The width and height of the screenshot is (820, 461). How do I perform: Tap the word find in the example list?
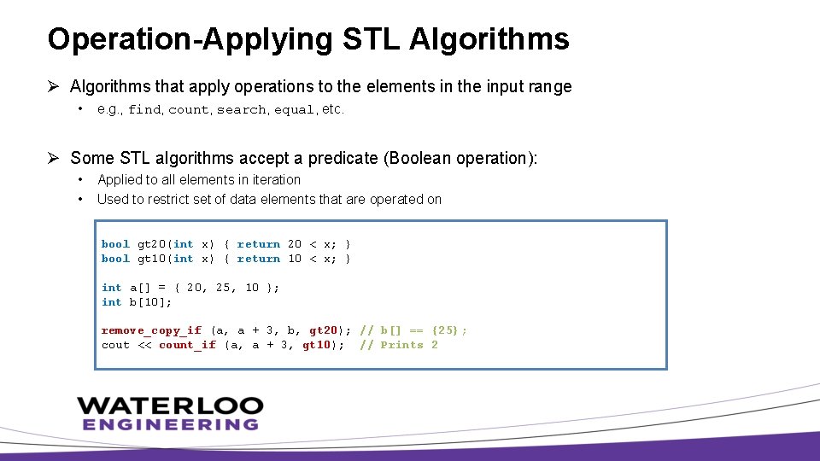144,110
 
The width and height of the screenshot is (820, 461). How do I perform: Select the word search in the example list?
241,110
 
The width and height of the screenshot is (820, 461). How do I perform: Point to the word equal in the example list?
295,110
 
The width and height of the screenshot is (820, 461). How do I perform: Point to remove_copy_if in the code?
151,330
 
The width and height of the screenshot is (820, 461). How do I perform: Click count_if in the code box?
187,345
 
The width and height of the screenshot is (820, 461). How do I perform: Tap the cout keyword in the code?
115,345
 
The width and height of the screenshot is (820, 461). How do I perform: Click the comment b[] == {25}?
424,330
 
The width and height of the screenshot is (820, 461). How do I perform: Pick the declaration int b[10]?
137,302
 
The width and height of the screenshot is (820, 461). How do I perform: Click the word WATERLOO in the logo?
170,406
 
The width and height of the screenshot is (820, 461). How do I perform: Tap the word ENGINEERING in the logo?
170,424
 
